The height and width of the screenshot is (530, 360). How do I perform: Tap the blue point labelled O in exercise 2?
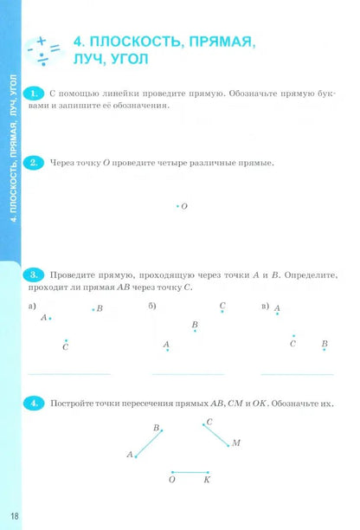point(177,206)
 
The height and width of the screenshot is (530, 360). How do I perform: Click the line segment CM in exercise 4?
point(217,433)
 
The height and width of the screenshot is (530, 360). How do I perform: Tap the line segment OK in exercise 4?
point(190,471)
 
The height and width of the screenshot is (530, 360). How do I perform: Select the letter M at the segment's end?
point(236,443)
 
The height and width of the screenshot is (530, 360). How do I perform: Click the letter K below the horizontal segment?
point(207,479)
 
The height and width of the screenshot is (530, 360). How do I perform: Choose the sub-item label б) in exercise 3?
point(152,307)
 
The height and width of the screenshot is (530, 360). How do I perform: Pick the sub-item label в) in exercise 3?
point(265,307)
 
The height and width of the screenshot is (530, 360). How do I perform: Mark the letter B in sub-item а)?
point(100,308)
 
